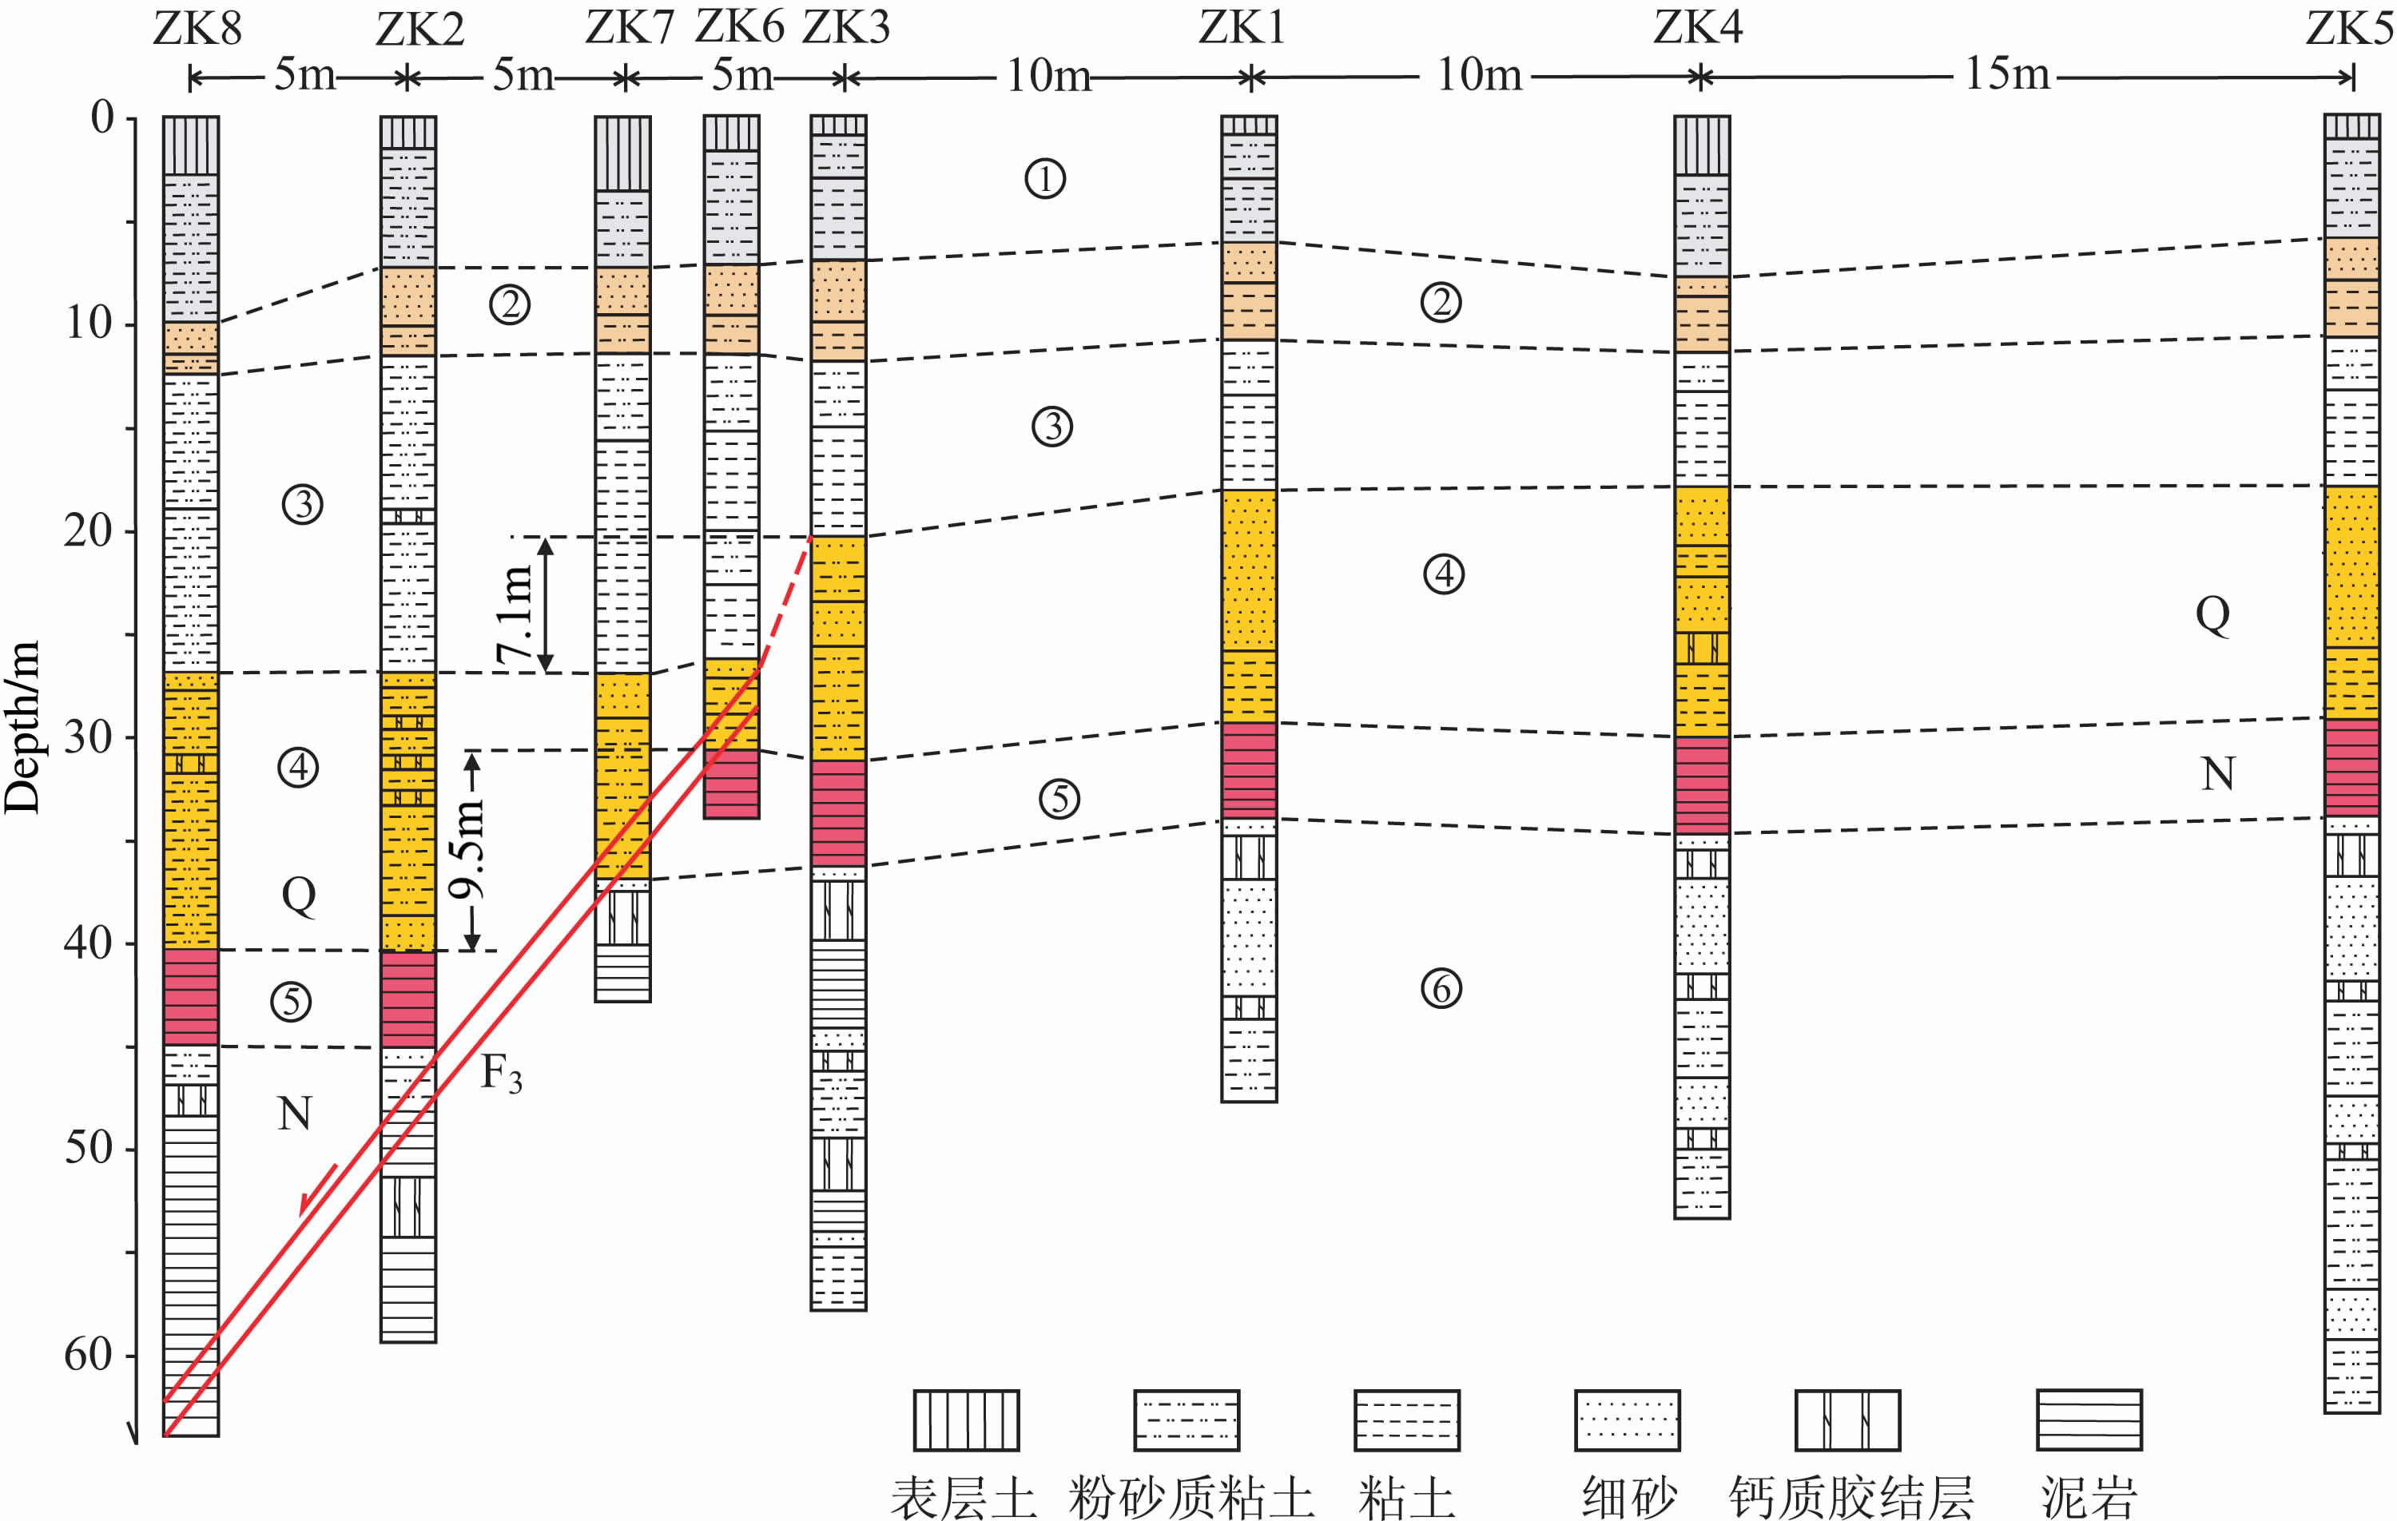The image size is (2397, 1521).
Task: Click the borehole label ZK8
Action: click(x=197, y=28)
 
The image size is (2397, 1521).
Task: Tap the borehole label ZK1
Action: click(x=1242, y=27)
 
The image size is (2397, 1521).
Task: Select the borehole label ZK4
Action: click(x=1698, y=27)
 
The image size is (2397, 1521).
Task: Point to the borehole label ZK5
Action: click(x=2349, y=27)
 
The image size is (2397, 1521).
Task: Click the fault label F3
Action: click(x=501, y=1073)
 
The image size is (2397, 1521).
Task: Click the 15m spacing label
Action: click(x=2007, y=73)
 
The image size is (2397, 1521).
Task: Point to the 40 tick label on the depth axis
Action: click(x=88, y=942)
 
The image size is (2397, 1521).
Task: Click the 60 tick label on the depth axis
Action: click(x=88, y=1354)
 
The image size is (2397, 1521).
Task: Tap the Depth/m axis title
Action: click(x=22, y=727)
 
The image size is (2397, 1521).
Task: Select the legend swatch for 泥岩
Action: click(x=2089, y=1420)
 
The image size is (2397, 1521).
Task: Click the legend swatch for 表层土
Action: click(x=965, y=1420)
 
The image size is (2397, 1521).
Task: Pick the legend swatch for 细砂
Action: click(x=1627, y=1420)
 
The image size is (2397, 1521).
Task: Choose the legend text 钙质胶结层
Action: click(x=1850, y=1496)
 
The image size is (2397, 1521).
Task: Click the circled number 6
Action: click(x=1441, y=988)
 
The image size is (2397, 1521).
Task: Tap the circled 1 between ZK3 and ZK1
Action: click(x=1045, y=179)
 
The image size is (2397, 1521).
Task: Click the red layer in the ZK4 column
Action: click(x=1701, y=784)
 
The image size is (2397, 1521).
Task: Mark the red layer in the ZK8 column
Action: click(x=190, y=996)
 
